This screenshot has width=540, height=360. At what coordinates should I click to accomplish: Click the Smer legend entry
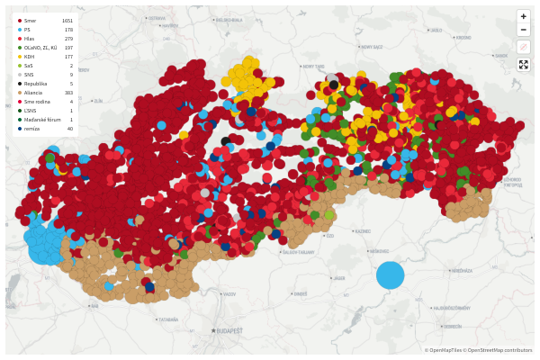(x=31, y=20)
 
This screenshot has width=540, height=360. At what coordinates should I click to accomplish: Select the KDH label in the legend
(x=30, y=56)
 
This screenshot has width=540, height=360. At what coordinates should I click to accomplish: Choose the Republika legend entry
(x=34, y=84)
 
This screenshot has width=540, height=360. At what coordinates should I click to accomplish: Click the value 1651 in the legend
(x=67, y=20)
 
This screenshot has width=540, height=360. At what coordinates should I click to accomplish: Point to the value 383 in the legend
(x=68, y=93)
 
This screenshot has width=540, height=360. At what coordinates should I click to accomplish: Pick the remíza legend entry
(x=31, y=129)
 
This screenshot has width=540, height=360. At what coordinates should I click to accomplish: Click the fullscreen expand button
(x=524, y=65)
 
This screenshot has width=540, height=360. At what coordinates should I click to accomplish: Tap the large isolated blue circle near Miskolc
(x=390, y=274)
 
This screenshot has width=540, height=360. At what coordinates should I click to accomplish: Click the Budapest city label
(x=227, y=331)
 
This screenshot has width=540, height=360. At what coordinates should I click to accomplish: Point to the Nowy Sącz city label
(x=313, y=66)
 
